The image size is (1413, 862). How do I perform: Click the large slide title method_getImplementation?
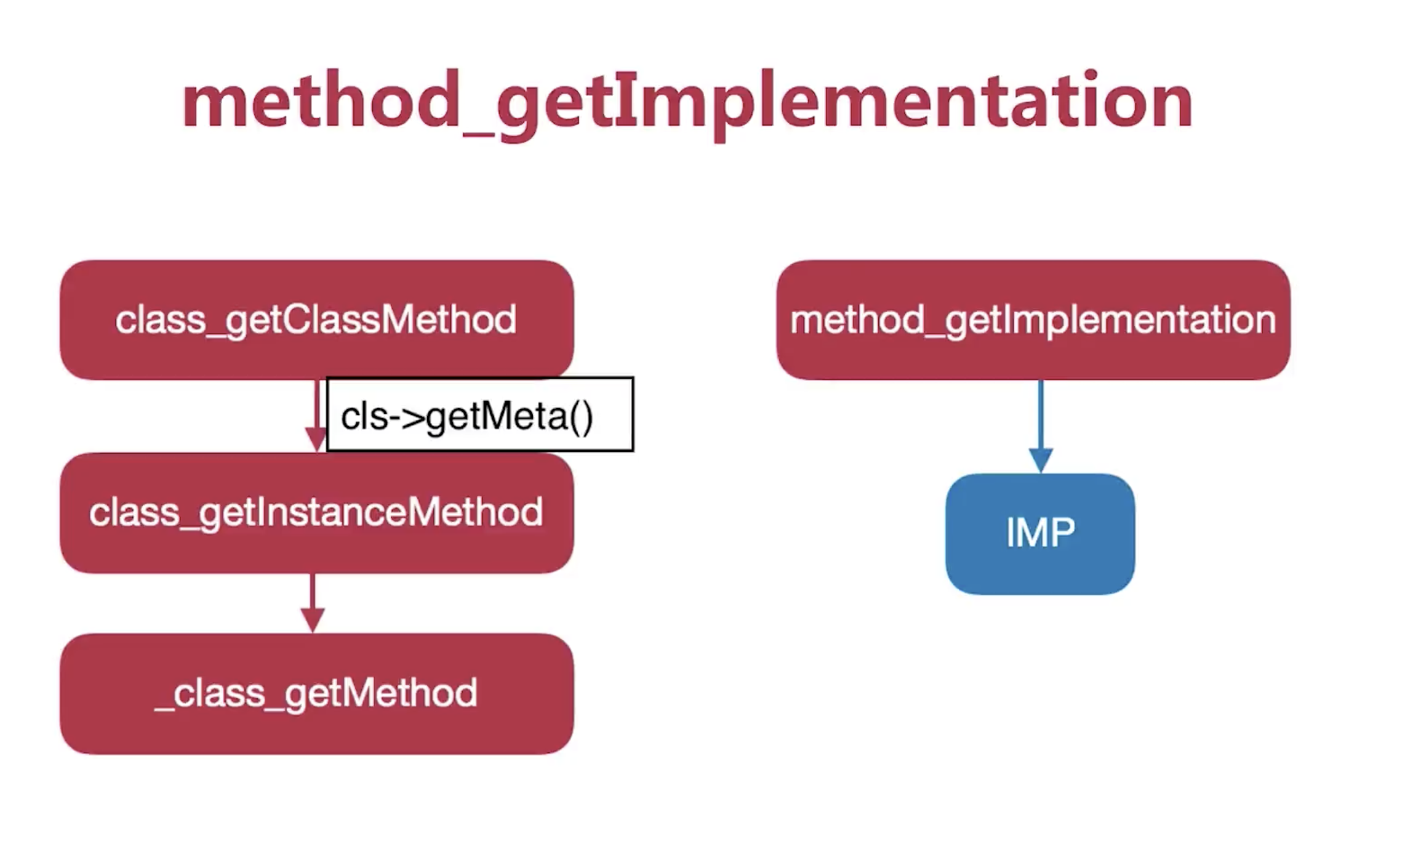687,103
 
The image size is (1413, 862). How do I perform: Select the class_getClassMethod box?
317,320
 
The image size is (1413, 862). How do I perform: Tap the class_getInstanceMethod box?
317,513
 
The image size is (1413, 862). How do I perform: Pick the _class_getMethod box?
317,694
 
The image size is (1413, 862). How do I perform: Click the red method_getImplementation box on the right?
1033,320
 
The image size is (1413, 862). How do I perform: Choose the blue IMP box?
1040,534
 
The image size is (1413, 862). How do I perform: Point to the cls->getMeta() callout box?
480,414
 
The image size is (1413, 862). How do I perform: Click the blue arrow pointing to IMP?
1041,427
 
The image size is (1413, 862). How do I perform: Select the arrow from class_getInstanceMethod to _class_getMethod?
313,603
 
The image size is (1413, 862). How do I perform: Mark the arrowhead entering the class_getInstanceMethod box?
316,441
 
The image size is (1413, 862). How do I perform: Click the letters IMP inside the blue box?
1040,533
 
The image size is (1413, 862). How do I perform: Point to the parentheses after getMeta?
580,417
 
